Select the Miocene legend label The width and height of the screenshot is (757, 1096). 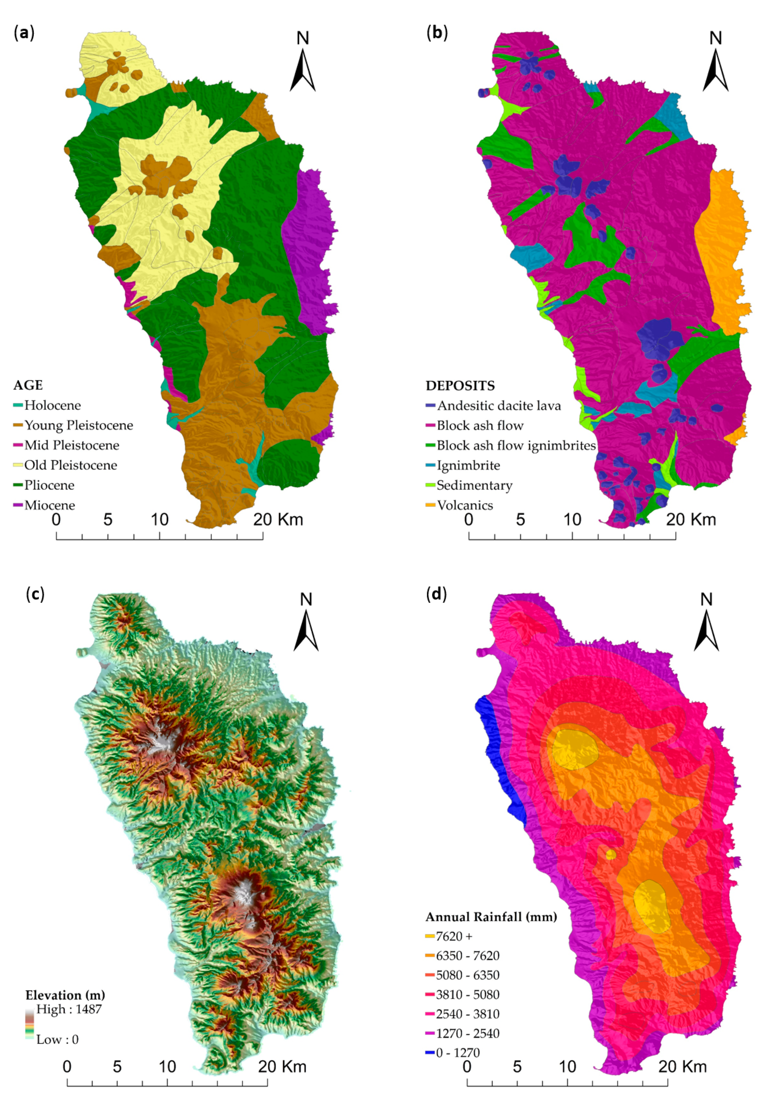point(49,505)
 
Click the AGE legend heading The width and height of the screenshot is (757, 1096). point(28,385)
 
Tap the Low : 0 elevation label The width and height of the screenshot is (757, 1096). point(57,1040)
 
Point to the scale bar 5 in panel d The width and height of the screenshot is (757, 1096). point(517,1066)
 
